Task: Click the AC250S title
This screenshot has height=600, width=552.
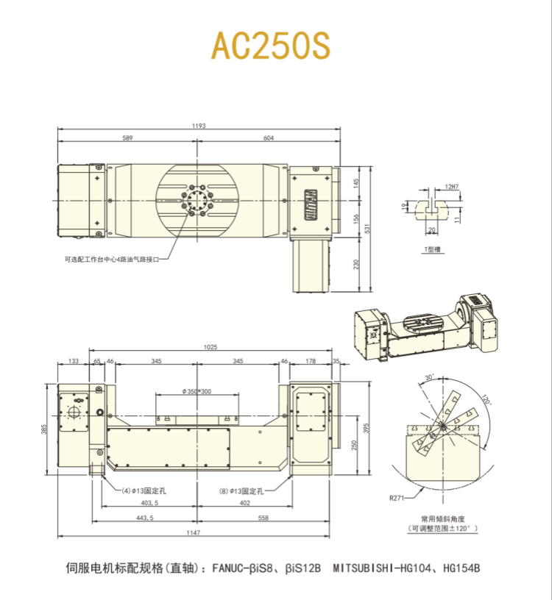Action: point(272,46)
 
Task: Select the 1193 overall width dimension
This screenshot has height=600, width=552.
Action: point(199,126)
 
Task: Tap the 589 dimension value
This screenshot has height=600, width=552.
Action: point(127,138)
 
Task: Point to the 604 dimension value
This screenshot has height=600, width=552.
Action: point(269,138)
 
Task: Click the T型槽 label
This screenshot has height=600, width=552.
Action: point(431,251)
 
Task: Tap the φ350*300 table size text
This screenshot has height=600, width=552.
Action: point(197,391)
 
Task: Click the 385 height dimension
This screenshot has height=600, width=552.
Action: point(44,429)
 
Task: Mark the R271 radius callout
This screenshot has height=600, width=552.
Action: point(397,498)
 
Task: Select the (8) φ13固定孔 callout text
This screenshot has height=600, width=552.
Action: point(244,489)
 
